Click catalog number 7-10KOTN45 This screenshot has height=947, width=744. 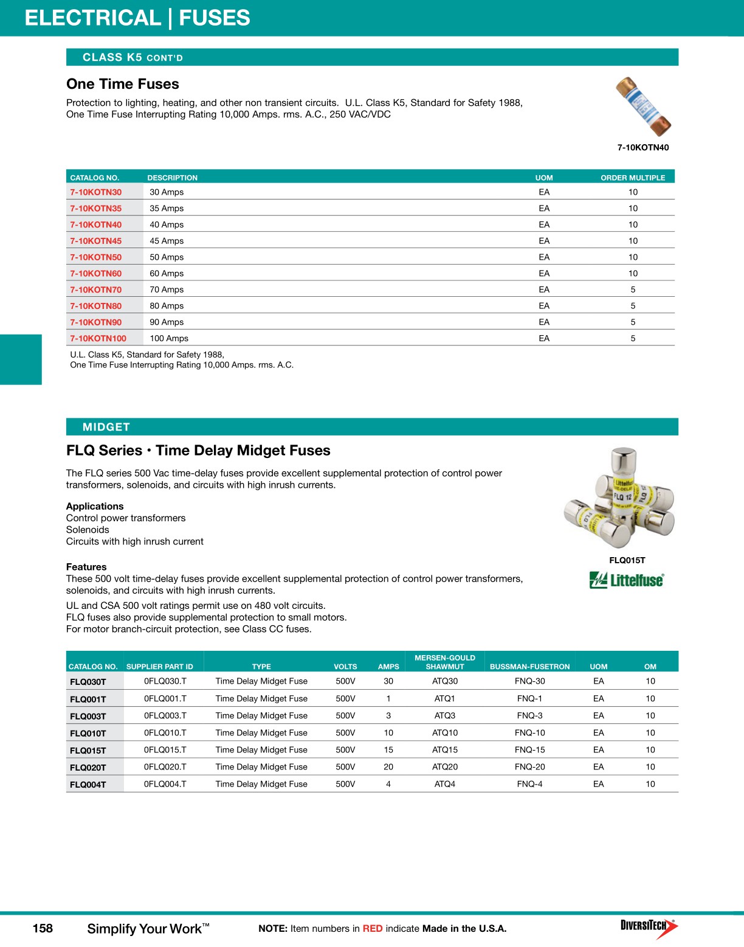point(95,241)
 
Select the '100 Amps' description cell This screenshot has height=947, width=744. point(169,339)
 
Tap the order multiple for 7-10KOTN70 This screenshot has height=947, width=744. point(633,290)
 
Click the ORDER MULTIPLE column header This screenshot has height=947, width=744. point(633,178)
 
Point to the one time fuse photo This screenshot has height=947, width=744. point(643,107)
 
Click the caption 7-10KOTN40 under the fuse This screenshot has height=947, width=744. point(643,148)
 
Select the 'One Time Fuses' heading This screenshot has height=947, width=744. point(123,84)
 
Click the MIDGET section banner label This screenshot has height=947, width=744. point(106,427)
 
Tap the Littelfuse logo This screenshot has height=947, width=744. point(627,580)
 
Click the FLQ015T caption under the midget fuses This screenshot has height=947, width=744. point(627,561)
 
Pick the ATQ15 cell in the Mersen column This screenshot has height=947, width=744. point(445,750)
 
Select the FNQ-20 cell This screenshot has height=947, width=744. point(529,767)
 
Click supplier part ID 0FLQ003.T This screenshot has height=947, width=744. point(165,716)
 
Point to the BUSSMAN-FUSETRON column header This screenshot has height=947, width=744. point(529,667)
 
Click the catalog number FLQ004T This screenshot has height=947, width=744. point(88,785)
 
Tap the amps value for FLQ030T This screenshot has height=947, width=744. point(388,681)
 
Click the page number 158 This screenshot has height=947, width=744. point(43,928)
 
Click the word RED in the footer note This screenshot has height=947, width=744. point(373,929)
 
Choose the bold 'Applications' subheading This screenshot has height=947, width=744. point(95,506)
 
